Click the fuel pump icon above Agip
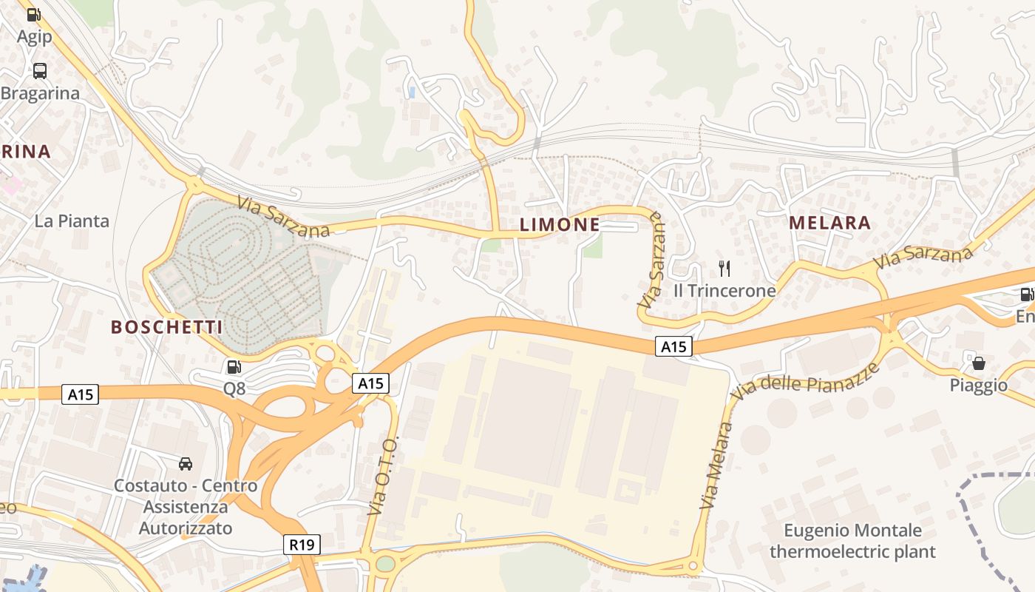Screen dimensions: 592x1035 tap(34, 14)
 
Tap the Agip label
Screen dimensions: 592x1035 tap(34, 36)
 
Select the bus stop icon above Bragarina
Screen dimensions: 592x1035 tap(40, 71)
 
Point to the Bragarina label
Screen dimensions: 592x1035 tap(40, 93)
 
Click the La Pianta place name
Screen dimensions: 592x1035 tap(72, 221)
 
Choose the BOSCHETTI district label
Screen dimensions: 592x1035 tap(166, 326)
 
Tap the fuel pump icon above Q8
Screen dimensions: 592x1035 tap(234, 366)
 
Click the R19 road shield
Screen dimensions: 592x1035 tap(302, 545)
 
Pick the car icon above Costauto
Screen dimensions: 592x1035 tap(186, 464)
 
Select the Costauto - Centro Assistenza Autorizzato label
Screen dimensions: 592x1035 tap(186, 507)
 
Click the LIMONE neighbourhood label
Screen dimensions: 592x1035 tap(559, 224)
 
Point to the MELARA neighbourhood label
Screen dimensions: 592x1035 tap(829, 223)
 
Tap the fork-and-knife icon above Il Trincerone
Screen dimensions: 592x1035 tap(724, 269)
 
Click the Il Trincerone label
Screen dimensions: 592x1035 tap(724, 291)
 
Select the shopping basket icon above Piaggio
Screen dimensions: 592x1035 tap(979, 363)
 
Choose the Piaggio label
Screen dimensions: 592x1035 tap(979, 386)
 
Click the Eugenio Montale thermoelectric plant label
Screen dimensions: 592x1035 tap(852, 541)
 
